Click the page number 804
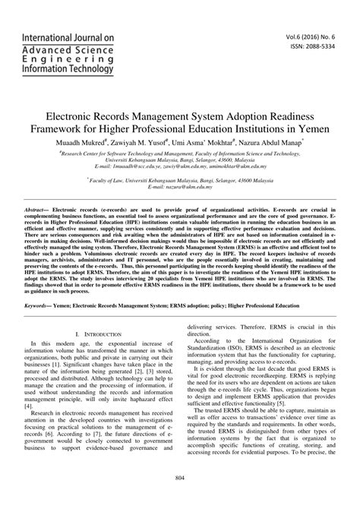click(x=180, y=498)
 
